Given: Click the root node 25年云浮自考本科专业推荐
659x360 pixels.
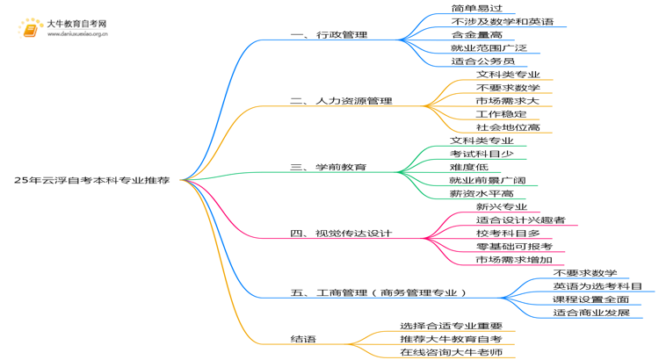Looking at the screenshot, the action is (x=92, y=180).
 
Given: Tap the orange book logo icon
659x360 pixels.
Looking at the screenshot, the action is (x=30, y=29).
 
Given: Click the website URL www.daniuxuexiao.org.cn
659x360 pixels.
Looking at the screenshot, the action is (x=77, y=34).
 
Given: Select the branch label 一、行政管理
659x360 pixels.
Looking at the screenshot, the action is (x=329, y=35).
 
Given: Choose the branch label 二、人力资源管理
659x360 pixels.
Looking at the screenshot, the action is (x=341, y=101).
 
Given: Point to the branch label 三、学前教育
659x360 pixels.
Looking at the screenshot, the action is (x=329, y=167).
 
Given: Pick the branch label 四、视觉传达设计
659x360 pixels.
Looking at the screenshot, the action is (x=341, y=234).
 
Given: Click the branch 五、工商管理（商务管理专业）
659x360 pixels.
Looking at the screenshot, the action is (x=378, y=292).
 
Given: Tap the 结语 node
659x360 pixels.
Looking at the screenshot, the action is (x=303, y=339).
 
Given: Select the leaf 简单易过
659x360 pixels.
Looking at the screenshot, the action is (x=477, y=9).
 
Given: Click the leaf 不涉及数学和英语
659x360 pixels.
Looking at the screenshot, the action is (x=503, y=21).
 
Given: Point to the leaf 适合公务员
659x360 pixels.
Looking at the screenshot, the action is (x=483, y=61).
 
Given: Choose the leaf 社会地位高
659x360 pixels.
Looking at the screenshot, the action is (x=508, y=127).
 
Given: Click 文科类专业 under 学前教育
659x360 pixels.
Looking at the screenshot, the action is (x=482, y=140).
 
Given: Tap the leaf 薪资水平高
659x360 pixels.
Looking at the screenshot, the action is (x=482, y=194).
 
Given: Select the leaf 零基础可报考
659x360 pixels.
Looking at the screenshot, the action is (x=514, y=247).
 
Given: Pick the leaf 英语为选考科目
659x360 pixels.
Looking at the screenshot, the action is (x=597, y=286).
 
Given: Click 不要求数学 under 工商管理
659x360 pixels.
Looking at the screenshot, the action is (x=585, y=273).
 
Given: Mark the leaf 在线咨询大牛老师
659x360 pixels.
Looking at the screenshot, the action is (x=452, y=352).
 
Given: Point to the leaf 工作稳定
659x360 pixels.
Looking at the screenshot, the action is (x=502, y=114).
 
